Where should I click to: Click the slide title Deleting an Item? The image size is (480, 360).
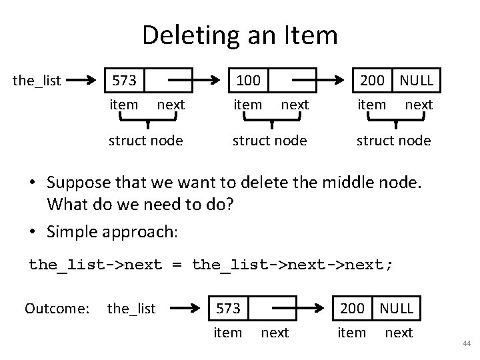click(x=240, y=35)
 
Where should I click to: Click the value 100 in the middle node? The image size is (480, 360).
click(x=248, y=81)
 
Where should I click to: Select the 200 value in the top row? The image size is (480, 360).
click(x=373, y=81)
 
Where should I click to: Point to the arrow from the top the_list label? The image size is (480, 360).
click(x=82, y=81)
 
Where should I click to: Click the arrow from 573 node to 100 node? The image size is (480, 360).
click(x=197, y=81)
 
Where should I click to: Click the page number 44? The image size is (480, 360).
click(x=467, y=343)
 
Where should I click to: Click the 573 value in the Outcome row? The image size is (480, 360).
click(x=228, y=308)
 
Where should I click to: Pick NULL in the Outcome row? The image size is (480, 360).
click(x=396, y=308)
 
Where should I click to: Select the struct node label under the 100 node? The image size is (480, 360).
click(x=269, y=141)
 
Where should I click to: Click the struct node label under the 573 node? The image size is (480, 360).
click(x=146, y=141)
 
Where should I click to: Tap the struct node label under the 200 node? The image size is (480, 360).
click(x=393, y=141)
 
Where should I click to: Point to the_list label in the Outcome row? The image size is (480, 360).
click(x=131, y=308)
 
